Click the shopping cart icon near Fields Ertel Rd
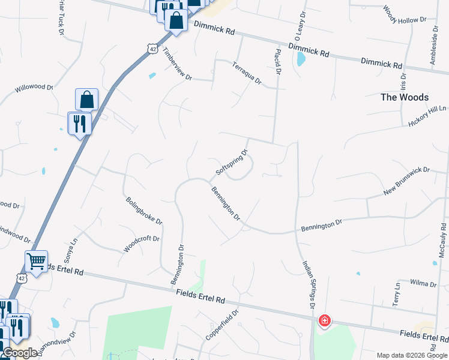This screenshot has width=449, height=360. click(x=36, y=262)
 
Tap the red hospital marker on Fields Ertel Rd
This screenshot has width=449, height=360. click(x=324, y=321)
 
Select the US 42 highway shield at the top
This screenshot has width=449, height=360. click(x=154, y=50)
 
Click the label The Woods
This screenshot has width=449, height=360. click(x=405, y=97)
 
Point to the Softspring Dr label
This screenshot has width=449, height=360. click(x=231, y=163)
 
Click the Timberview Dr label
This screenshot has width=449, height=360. click(x=177, y=65)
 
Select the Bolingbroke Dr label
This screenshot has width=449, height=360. click(x=144, y=210)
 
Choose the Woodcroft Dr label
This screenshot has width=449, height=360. click(x=141, y=243)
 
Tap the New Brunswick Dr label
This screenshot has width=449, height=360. click(x=407, y=181)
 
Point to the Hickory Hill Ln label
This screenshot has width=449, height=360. click(x=427, y=115)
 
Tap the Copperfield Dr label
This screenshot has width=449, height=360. click(x=222, y=325)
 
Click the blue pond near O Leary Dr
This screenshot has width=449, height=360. click(x=301, y=59)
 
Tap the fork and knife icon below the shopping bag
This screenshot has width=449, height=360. click(x=79, y=123)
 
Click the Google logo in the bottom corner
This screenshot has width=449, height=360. click(x=19, y=353)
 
